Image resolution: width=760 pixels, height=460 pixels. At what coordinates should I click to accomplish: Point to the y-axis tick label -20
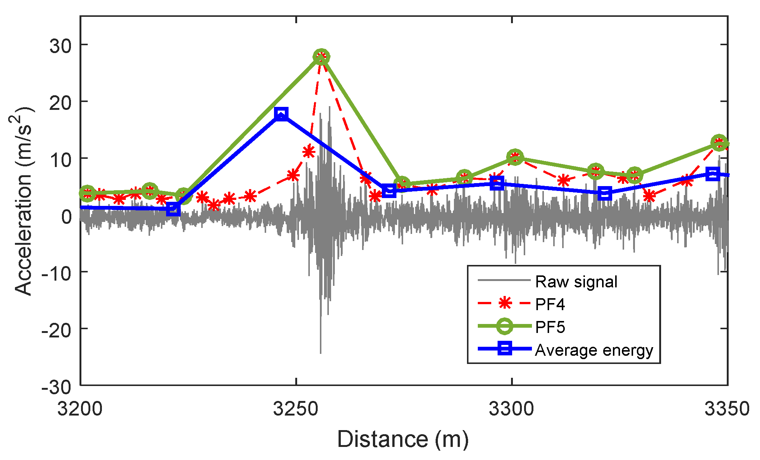56,330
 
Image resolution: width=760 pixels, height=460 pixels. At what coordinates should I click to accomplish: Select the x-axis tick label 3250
296,409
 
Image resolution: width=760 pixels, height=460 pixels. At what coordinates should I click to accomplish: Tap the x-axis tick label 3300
511,409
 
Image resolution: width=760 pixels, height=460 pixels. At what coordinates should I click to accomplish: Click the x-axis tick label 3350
727,409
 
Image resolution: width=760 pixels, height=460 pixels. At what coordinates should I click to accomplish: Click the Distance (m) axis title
403,439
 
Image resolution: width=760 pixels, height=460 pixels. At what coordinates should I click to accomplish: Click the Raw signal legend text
576,282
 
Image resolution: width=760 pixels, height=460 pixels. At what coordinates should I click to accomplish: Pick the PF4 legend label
550,305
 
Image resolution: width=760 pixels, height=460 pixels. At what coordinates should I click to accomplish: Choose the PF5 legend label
550,327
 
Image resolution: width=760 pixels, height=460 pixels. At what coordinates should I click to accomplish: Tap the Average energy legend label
594,350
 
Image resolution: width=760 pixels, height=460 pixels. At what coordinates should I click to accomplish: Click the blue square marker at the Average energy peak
281,114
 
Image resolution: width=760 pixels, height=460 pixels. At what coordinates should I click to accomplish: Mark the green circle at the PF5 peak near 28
321,57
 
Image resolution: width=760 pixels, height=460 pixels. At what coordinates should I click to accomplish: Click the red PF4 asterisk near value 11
309,152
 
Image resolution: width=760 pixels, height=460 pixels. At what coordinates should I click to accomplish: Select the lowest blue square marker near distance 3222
173,209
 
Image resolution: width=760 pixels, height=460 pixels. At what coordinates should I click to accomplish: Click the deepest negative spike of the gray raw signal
321,351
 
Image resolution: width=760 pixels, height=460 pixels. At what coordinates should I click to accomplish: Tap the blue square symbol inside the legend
505,349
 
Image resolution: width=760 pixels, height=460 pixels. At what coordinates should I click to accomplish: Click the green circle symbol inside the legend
505,326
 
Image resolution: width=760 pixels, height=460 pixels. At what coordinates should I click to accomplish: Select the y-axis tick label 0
66,217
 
